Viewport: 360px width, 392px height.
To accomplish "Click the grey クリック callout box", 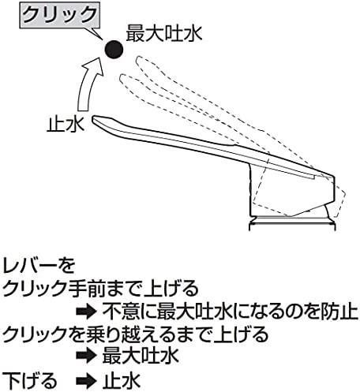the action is click(x=60, y=15).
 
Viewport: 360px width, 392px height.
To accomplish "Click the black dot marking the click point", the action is click(x=114, y=49).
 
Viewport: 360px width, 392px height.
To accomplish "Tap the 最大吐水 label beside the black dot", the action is click(x=164, y=33).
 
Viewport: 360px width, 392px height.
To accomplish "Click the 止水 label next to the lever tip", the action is click(x=66, y=124).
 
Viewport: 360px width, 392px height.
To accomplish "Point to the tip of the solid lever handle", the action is click(x=93, y=119).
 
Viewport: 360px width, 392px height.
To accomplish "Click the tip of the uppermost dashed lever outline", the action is click(x=137, y=60).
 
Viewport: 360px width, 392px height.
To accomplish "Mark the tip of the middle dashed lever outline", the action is click(x=122, y=78).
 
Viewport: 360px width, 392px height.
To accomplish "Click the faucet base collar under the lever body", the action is click(x=292, y=224).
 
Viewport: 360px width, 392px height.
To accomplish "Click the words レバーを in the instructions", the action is click(x=39, y=266).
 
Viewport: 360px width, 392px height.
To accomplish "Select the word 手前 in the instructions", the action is click(x=80, y=288).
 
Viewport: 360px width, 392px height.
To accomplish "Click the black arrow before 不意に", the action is click(x=85, y=312).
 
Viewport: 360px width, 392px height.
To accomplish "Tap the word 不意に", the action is click(x=129, y=312).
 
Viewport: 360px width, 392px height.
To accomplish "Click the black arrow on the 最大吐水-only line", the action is click(x=85, y=357).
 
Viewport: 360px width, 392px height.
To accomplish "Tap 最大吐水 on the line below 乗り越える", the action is click(x=141, y=356).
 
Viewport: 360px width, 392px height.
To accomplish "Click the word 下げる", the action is click(x=29, y=380).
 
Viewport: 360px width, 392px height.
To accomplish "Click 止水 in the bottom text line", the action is click(x=122, y=380).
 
